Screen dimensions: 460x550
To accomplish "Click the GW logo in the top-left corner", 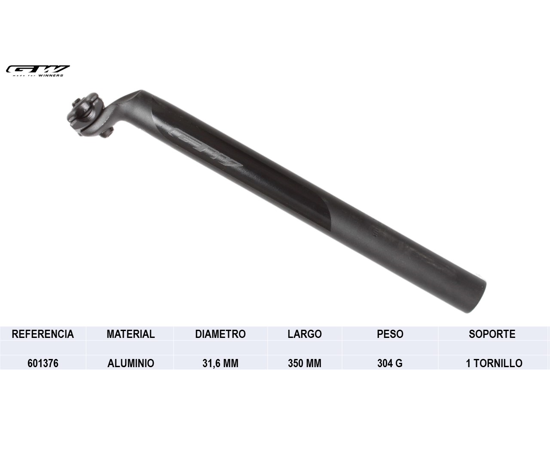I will point(38,69).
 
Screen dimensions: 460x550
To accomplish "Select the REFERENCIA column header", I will point(43,334).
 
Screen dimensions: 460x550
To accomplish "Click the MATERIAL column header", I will point(130,334).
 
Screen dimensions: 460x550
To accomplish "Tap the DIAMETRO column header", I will point(220,334).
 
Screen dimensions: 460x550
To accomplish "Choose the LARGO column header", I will point(304,334).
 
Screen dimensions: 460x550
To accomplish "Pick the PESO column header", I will point(390,334).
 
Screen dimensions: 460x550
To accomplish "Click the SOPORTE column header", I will point(492,334).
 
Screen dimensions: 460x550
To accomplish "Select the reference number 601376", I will point(43,363).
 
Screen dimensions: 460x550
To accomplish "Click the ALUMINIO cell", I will point(130,363).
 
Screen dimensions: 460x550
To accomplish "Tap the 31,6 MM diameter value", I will point(220,363).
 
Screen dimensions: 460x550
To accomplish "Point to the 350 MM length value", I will point(304,363).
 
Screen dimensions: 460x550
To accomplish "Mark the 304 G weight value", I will point(390,363).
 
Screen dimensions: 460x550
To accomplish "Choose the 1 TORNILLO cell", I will point(494,363).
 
